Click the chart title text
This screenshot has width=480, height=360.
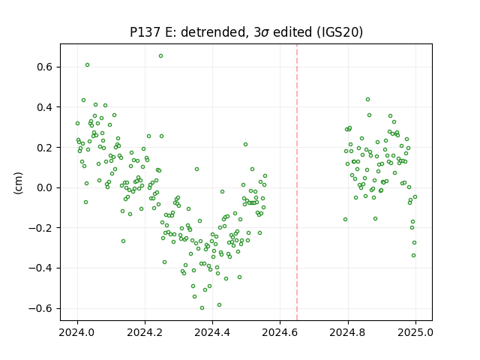point(246,32)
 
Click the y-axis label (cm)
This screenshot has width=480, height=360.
point(18,183)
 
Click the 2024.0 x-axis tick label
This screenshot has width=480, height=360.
point(77,332)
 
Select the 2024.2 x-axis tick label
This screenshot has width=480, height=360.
point(145,332)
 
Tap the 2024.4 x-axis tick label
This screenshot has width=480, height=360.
point(212,332)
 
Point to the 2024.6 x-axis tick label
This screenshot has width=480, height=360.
point(280,332)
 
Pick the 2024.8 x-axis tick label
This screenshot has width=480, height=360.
point(348,332)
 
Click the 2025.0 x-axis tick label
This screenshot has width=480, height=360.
point(415,332)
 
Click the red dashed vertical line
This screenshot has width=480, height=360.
point(297,182)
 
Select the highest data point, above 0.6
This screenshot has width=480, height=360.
point(160,56)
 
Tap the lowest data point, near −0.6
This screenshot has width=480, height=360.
point(202,308)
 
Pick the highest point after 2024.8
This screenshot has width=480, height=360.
point(368,100)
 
